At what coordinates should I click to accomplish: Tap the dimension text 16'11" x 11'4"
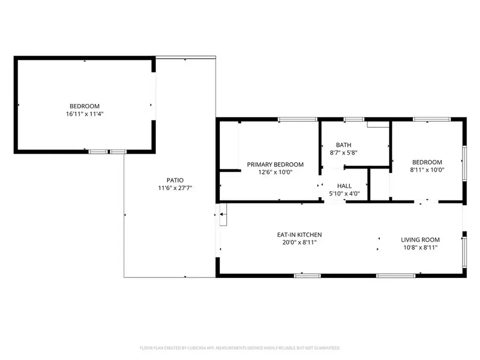coord(84,114)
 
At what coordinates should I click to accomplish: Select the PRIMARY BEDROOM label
coord(275,164)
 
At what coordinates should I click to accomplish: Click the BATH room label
coord(343,145)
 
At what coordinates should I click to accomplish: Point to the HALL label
coord(344,186)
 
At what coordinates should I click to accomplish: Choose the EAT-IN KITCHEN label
coord(299,235)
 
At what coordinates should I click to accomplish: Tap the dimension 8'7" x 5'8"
coord(343,153)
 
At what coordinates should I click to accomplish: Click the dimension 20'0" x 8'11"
coord(299,242)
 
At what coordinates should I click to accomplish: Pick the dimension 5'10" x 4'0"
coord(344,194)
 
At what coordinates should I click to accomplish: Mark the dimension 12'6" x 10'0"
coord(275,172)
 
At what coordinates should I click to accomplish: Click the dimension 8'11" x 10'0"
coord(427,170)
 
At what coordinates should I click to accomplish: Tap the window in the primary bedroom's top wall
coord(291,119)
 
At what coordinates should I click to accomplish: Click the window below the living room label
coord(396,276)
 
